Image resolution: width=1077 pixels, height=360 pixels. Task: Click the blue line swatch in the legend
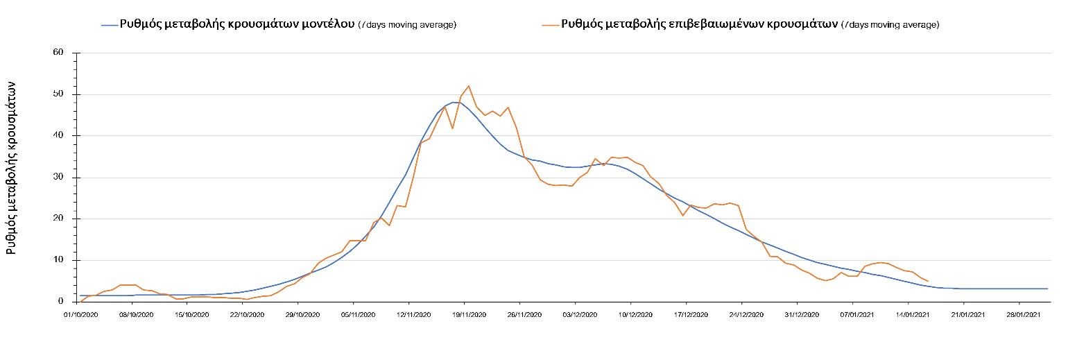[110, 25]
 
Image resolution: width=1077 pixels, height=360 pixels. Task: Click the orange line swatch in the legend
[550, 25]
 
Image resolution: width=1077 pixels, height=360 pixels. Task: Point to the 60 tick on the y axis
[58, 53]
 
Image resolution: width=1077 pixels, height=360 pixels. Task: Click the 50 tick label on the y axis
[58, 94]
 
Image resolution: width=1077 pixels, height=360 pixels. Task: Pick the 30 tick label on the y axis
[58, 178]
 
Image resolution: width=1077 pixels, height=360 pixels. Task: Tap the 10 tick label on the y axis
[58, 260]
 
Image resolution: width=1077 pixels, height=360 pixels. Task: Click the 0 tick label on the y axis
[61, 302]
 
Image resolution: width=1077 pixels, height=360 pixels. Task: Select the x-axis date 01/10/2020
[80, 314]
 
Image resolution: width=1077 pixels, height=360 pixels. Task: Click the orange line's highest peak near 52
[469, 86]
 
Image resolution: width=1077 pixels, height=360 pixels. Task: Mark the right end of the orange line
[928, 281]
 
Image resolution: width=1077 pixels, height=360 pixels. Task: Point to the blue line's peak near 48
[454, 102]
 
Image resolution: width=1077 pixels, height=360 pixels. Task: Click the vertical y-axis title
[12, 176]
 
